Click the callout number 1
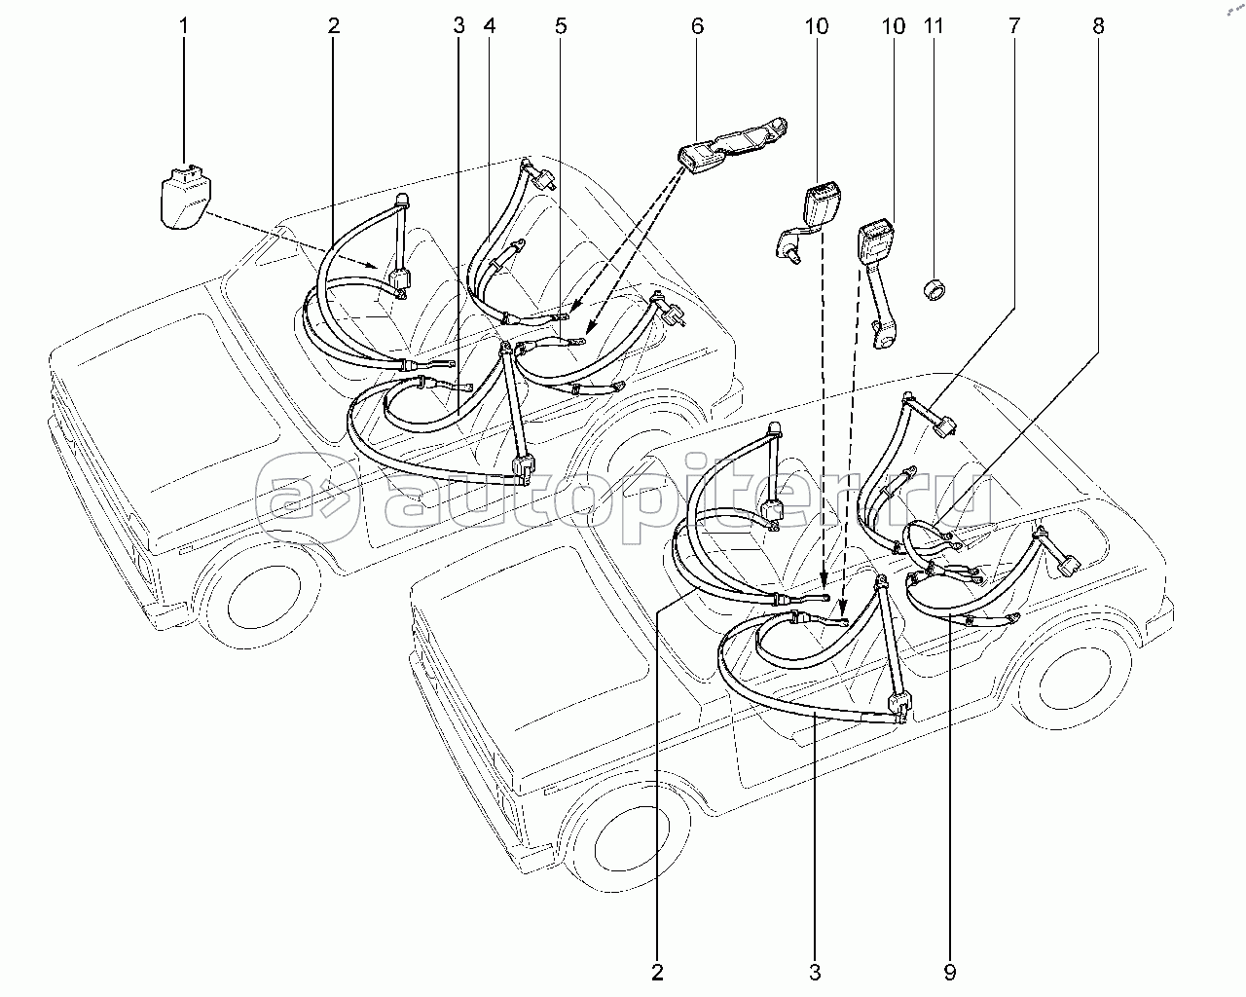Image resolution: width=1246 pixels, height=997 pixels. (x=185, y=26)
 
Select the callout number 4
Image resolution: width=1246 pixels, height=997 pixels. (x=489, y=26)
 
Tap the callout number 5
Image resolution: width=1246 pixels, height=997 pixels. (x=560, y=26)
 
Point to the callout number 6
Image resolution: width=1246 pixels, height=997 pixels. (x=697, y=26)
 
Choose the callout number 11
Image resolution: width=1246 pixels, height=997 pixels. (x=934, y=26)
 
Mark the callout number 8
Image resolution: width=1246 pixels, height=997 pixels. (x=1098, y=26)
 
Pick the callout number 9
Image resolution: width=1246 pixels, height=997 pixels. (x=949, y=971)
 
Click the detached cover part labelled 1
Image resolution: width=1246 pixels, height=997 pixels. (x=182, y=200)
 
